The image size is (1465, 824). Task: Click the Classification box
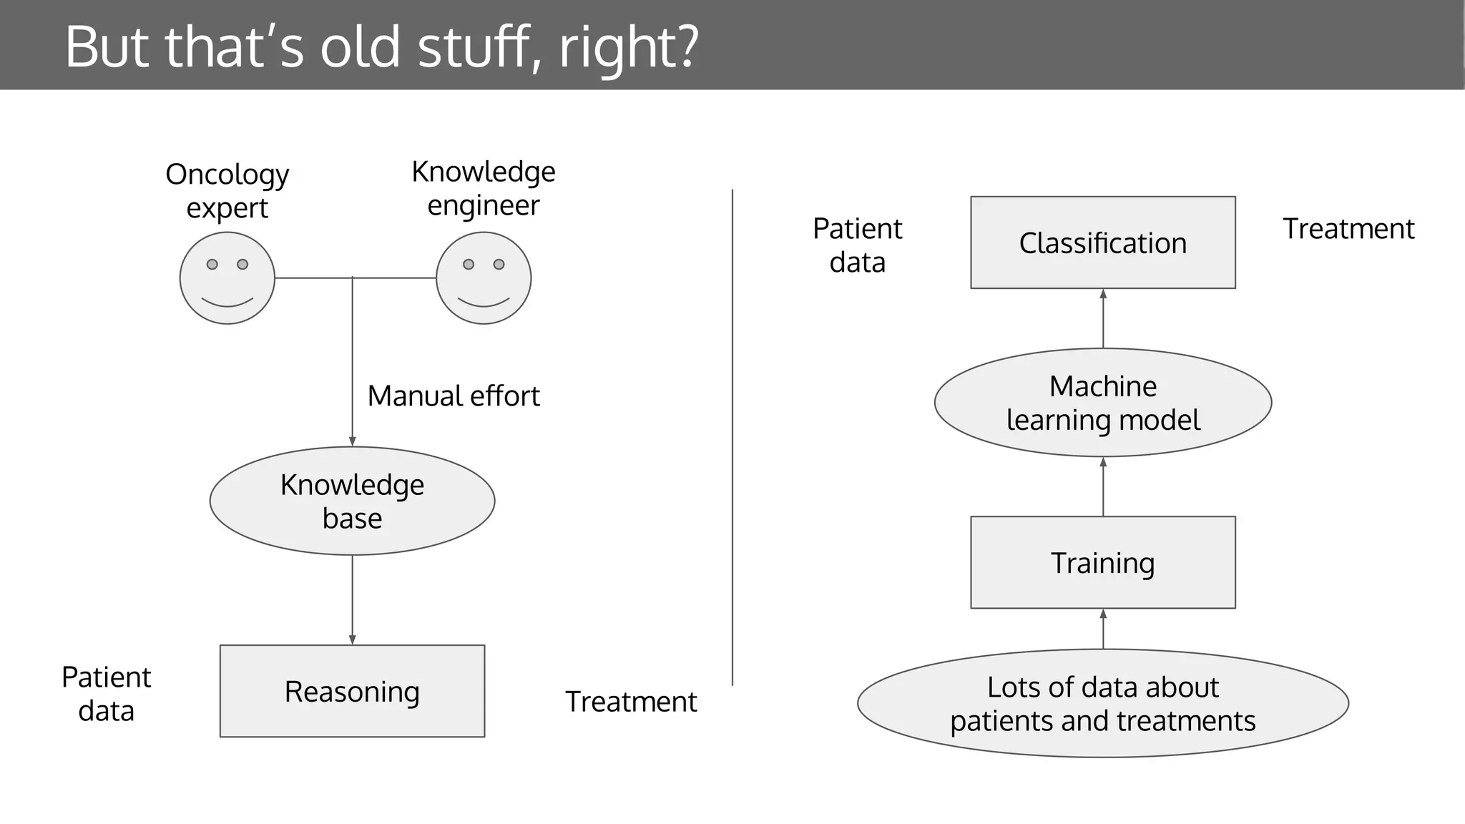pos(1102,242)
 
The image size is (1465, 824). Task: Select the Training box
pos(1102,562)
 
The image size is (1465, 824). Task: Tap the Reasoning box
pos(352,691)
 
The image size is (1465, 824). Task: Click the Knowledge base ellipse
pos(352,501)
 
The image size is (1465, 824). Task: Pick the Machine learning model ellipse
pos(1102,403)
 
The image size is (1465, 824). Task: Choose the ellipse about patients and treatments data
pos(1102,703)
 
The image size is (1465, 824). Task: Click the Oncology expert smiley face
pos(227,278)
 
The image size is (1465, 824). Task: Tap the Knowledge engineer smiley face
pos(484,278)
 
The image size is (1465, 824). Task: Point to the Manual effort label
pos(453,396)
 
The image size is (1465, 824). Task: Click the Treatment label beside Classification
pos(1348,229)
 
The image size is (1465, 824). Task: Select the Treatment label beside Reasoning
pos(630,702)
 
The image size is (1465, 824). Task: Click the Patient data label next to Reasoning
pos(106,693)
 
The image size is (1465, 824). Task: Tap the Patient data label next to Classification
pos(857,245)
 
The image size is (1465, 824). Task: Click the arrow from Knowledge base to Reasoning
pos(352,599)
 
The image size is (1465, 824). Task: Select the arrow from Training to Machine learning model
pos(1103,486)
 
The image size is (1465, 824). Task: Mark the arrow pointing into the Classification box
pos(1103,318)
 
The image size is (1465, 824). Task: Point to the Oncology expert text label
pos(227,190)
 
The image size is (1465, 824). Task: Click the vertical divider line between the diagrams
pos(732,436)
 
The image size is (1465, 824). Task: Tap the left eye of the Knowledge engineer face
pos(469,264)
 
